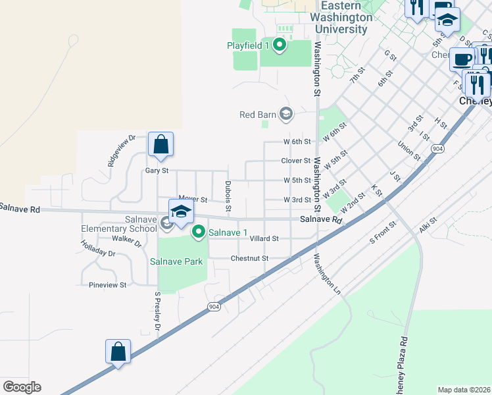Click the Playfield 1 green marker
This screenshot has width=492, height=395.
(x=279, y=45)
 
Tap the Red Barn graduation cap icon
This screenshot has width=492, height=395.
(x=285, y=115)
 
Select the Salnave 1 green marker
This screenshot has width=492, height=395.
(x=198, y=232)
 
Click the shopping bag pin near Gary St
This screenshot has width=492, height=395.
(x=160, y=145)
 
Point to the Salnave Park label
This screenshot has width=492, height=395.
(x=176, y=261)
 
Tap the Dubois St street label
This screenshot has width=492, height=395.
(x=228, y=196)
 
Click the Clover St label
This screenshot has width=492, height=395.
(x=295, y=161)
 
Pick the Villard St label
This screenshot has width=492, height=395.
(x=265, y=239)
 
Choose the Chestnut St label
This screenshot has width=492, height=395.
(x=249, y=259)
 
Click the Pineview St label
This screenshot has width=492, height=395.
(x=107, y=285)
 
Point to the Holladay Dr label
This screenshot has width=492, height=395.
(x=98, y=248)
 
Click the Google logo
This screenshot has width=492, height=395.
(x=22, y=387)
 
